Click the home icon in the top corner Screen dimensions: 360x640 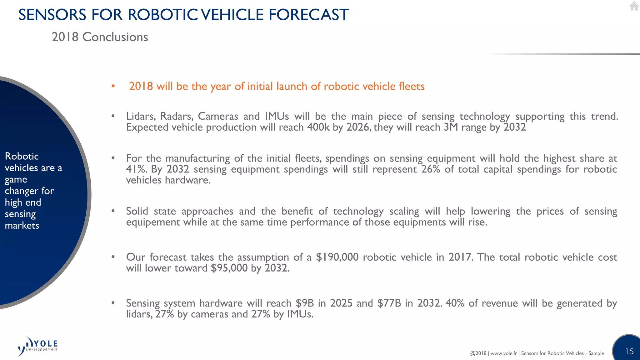[634, 6]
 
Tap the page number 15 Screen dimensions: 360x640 [629, 352]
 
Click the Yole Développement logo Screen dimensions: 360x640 [38, 346]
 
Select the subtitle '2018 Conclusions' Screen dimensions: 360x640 [100, 37]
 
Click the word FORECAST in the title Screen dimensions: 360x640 [308, 15]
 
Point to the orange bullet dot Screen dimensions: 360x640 [113, 86]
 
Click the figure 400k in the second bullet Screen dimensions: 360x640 [318, 127]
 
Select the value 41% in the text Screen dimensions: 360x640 [137, 169]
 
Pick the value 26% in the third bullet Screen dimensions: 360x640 [431, 169]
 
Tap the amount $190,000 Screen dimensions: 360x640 [337, 257]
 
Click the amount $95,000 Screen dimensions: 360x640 [229, 268]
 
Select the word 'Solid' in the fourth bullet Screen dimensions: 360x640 [137, 211]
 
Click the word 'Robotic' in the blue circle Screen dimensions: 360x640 [22, 156]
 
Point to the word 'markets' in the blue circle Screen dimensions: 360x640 [22, 225]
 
